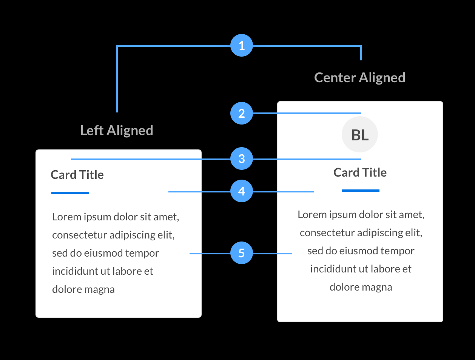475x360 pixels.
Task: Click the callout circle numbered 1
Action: (x=242, y=46)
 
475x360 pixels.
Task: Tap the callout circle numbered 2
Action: (x=242, y=113)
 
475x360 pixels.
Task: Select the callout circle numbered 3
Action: (x=242, y=159)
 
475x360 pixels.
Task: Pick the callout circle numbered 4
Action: (x=242, y=191)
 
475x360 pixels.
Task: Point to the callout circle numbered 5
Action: (x=242, y=253)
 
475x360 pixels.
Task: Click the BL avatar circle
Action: (x=360, y=135)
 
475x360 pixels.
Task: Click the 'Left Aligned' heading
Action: (x=117, y=131)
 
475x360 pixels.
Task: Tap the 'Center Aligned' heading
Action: (x=359, y=78)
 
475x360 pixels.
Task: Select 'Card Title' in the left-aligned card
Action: (x=77, y=175)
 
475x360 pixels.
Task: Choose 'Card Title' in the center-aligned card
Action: (x=360, y=172)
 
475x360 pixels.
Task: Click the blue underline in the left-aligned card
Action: (x=70, y=193)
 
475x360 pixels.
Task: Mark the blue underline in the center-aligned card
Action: (x=360, y=191)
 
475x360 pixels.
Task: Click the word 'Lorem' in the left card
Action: (x=67, y=217)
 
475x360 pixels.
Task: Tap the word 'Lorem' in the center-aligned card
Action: (x=312, y=215)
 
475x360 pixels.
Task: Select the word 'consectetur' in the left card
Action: (x=79, y=235)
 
